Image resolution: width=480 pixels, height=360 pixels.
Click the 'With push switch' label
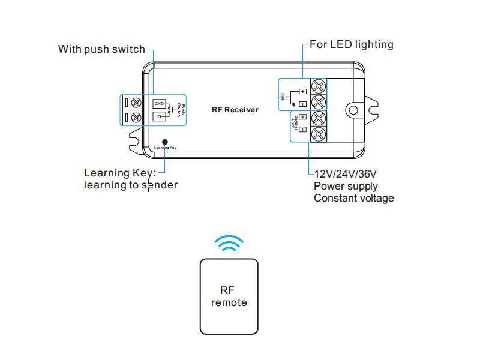[x=101, y=49]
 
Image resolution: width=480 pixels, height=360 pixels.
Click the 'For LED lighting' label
[x=352, y=44]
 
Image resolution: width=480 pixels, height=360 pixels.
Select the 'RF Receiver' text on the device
[x=235, y=110]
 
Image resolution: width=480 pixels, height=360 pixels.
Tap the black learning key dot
[x=165, y=142]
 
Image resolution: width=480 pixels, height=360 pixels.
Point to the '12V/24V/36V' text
[x=345, y=174]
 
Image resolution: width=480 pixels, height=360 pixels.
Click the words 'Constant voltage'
[x=354, y=198]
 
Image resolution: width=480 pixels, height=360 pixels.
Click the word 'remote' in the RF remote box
[x=229, y=302]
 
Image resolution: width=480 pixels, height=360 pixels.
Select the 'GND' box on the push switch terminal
[x=159, y=104]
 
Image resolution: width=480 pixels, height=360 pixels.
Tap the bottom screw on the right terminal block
[x=318, y=133]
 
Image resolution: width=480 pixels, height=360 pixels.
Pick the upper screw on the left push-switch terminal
[x=137, y=103]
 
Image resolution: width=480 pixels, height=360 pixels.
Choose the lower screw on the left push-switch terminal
[x=137, y=117]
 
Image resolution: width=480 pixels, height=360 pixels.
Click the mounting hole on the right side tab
[x=354, y=110]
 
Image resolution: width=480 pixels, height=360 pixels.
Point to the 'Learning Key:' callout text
[x=120, y=173]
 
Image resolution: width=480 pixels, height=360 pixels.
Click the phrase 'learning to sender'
[x=131, y=185]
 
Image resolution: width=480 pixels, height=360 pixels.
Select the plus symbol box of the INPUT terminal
[x=302, y=117]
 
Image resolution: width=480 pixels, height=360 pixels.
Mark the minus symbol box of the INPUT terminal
[x=302, y=130]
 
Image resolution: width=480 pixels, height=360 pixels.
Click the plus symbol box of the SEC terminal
[x=302, y=91]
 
